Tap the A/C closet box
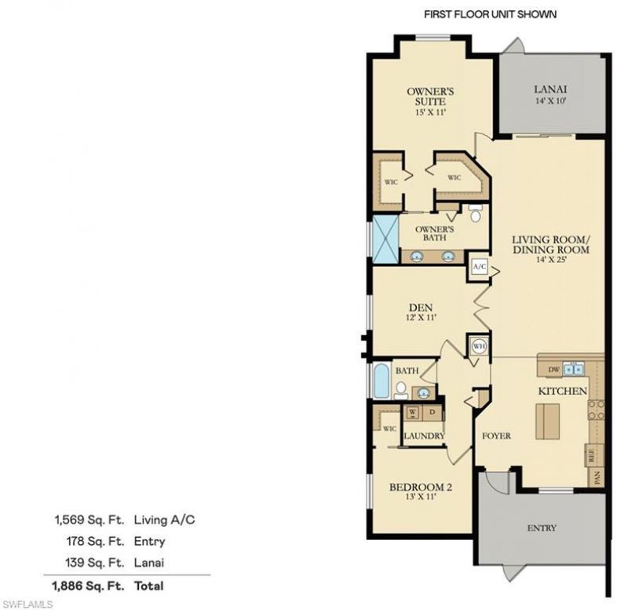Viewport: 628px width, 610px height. [x=480, y=267]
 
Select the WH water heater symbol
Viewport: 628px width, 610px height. [x=479, y=345]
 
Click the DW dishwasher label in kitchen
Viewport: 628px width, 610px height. [x=553, y=368]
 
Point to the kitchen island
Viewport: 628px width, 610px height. [x=547, y=422]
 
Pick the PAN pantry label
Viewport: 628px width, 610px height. [x=597, y=475]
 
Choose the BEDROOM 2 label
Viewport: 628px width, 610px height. [x=421, y=487]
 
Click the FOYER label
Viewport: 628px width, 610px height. [x=496, y=436]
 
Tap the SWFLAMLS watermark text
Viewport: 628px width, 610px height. [x=27, y=604]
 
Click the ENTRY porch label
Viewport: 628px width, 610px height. [x=542, y=528]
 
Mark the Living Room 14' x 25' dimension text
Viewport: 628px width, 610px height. [x=549, y=259]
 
